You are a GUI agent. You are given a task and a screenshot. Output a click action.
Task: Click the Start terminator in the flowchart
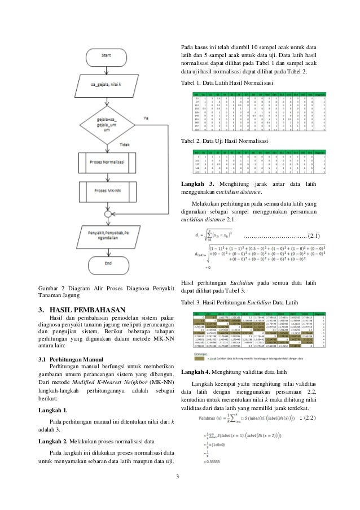click(x=106, y=56)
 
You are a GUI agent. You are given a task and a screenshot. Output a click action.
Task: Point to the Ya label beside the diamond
click(x=146, y=118)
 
